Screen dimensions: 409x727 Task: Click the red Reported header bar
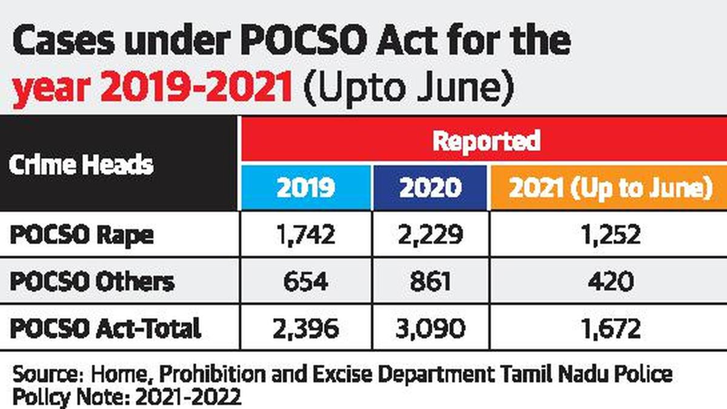(x=485, y=141)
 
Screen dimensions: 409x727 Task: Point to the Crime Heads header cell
(x=81, y=164)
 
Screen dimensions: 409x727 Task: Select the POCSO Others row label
(x=92, y=282)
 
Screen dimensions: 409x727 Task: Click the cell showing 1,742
(x=305, y=234)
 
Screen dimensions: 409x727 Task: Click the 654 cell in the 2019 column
(x=305, y=282)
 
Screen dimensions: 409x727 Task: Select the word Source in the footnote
(x=42, y=374)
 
